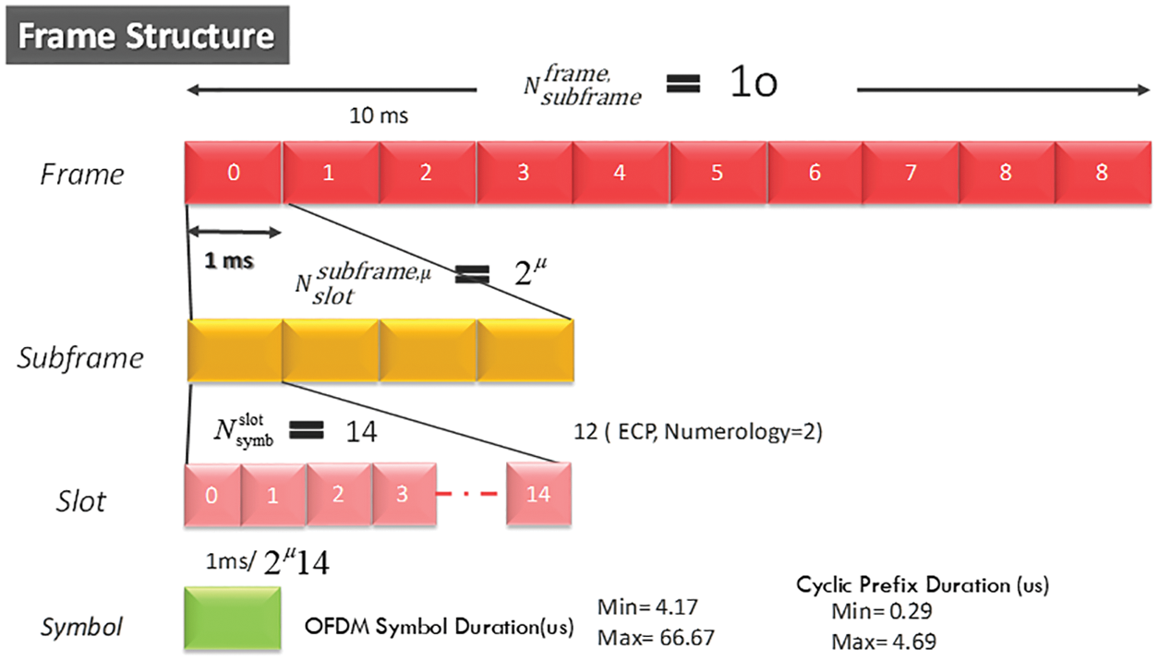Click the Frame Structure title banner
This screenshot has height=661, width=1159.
click(x=147, y=37)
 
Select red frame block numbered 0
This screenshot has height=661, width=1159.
click(x=233, y=173)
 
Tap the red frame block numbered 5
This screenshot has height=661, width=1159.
click(x=717, y=173)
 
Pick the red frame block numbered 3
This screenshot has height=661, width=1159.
click(x=523, y=173)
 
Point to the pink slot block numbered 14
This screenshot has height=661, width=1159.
click(x=539, y=495)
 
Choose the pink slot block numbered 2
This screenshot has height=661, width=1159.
click(x=339, y=495)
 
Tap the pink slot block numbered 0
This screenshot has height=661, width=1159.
click(x=212, y=495)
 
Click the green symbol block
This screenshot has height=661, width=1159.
click(x=233, y=618)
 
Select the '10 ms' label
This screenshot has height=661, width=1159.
click(x=379, y=117)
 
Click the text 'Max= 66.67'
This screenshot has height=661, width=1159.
click(x=657, y=637)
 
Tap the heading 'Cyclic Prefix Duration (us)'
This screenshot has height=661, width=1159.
click(x=922, y=584)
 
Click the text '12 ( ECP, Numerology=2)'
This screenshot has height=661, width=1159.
click(x=697, y=432)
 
